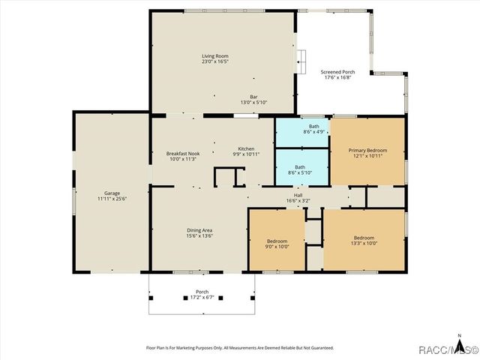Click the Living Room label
tap(214, 56)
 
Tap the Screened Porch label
tap(337, 72)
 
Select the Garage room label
tap(112, 193)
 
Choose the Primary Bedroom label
tap(367, 150)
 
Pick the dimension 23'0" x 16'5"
tap(214, 61)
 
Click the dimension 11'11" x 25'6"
tap(112, 199)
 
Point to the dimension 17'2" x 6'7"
tap(202, 297)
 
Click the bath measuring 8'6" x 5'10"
tap(300, 169)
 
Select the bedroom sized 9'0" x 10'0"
tap(277, 243)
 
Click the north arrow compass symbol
tap(458, 339)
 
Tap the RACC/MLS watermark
tap(448, 349)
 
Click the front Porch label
tap(202, 292)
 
